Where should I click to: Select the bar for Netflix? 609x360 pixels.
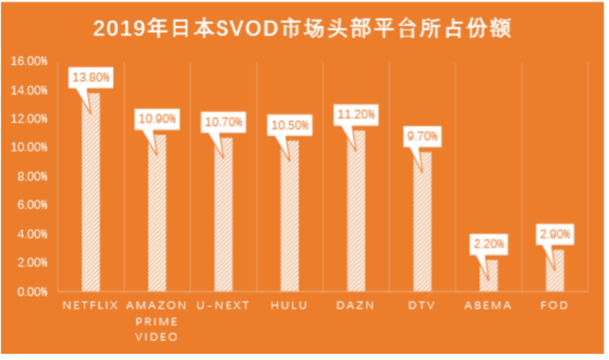click(x=91, y=194)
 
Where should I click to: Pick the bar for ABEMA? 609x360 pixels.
click(x=489, y=276)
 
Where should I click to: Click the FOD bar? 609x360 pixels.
click(x=555, y=271)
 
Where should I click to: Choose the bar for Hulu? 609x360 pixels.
click(x=289, y=218)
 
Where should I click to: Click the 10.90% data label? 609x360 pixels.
click(x=158, y=119)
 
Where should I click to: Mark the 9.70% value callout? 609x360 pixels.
click(x=422, y=136)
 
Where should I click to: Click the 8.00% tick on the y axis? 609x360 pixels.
click(x=30, y=177)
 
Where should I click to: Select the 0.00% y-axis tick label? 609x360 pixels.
click(x=30, y=292)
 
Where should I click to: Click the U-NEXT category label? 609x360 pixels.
click(x=223, y=305)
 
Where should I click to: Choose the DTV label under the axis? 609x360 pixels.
click(x=422, y=305)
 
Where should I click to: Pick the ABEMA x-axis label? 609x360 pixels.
click(x=488, y=305)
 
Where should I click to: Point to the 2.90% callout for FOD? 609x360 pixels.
click(x=555, y=234)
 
